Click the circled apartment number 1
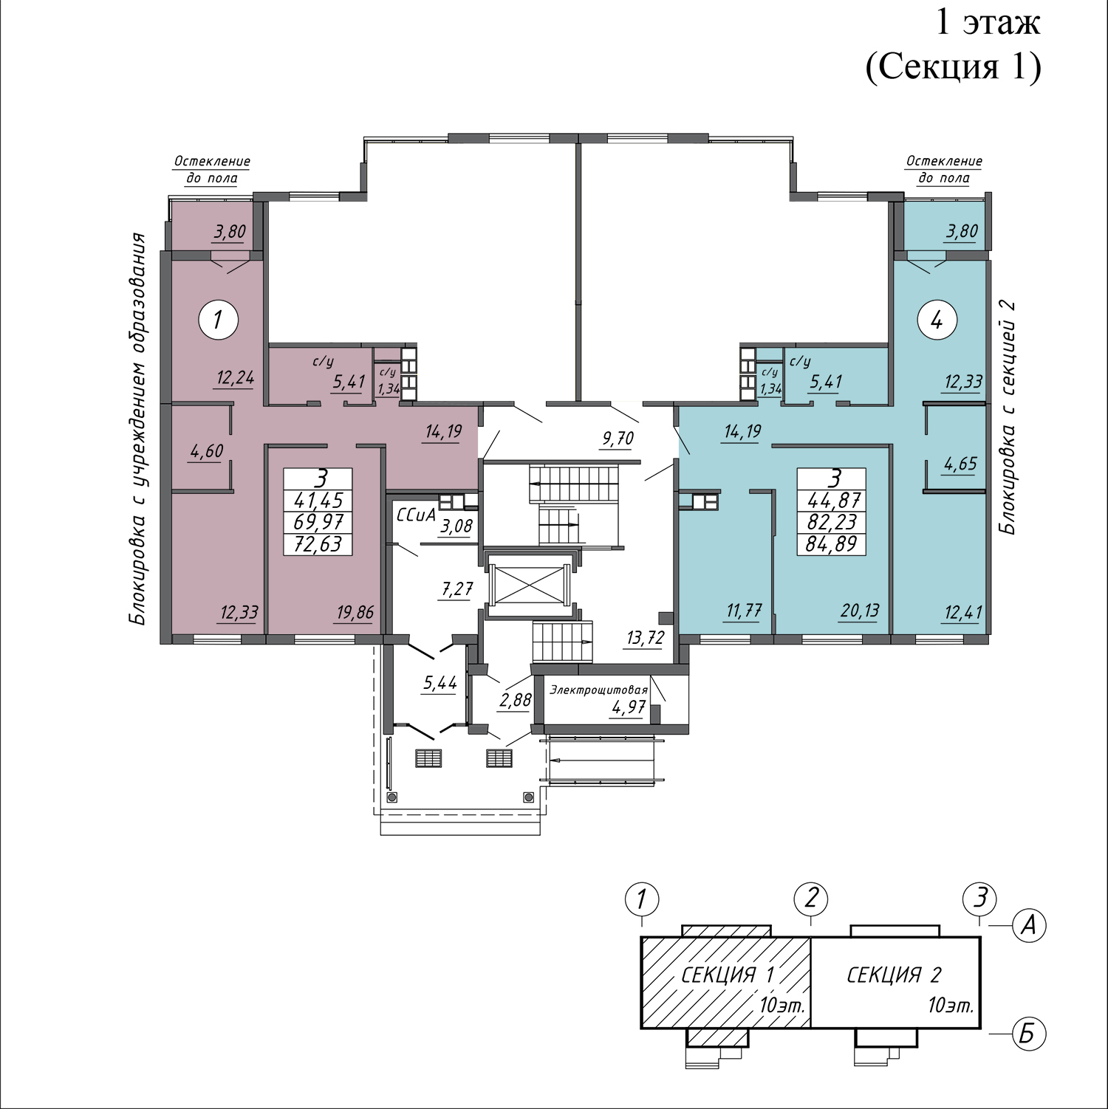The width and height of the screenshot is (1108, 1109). coord(218,320)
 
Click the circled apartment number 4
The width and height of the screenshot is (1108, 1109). coord(937,320)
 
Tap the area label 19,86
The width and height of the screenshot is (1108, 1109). coord(355,612)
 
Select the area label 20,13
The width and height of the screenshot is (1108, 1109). coord(860,611)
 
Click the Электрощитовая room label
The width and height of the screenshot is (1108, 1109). coord(598,690)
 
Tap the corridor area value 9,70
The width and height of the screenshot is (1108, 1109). coord(618,439)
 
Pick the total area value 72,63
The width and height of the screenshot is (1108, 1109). coord(318,543)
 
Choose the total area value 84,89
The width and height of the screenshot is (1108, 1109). coord(832,544)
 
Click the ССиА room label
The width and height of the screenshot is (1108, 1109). coord(416,514)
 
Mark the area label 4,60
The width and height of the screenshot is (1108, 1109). coord(207,451)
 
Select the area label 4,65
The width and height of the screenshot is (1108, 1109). coord(960,464)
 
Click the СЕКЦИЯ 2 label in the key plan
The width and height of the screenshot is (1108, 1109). coord(894,975)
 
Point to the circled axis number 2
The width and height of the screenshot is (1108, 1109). coord(811,899)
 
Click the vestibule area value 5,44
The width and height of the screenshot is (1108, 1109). coord(440,683)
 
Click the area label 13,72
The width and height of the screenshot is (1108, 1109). coord(646,638)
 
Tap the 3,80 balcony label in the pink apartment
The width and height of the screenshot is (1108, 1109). coord(230,232)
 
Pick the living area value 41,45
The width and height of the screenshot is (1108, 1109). coord(318,500)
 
